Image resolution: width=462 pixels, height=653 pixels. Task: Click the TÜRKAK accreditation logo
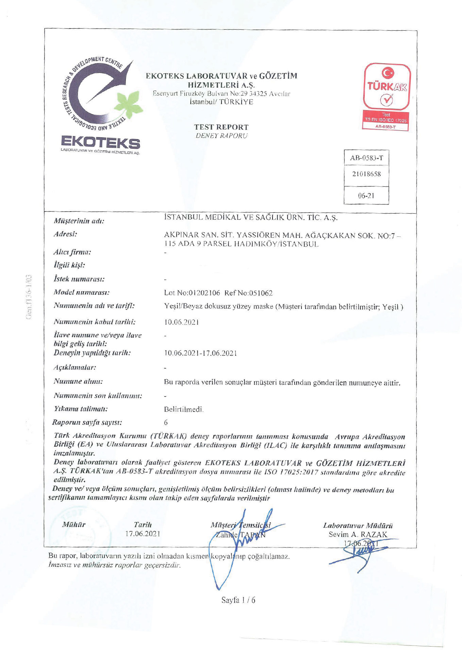click(387, 97)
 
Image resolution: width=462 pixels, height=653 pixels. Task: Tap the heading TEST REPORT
click(221, 127)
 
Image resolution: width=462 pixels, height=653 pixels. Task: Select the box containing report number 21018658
click(366, 174)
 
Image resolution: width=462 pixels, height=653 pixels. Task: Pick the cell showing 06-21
click(366, 196)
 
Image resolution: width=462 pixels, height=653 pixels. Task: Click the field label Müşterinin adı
click(79, 221)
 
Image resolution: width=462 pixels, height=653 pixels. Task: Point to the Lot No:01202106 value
click(192, 293)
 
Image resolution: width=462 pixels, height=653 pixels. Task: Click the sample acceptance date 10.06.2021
click(181, 322)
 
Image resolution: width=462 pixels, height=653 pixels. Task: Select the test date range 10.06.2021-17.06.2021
click(200, 353)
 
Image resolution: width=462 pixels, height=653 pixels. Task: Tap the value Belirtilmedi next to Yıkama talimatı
click(184, 409)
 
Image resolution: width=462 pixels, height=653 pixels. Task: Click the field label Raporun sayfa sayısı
click(87, 423)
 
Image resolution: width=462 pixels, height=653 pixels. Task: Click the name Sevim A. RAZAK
click(358, 534)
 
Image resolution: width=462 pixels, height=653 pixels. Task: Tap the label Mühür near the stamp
click(74, 525)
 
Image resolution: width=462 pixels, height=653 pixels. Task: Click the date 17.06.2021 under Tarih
click(143, 534)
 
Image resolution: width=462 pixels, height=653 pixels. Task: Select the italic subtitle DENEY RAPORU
click(221, 136)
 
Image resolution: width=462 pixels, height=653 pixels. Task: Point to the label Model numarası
click(82, 292)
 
